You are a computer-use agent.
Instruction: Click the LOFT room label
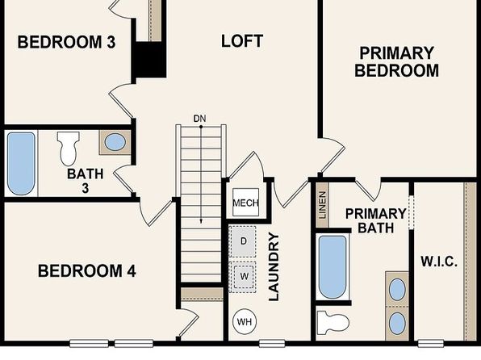[242, 41]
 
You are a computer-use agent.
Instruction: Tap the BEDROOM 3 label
[66, 42]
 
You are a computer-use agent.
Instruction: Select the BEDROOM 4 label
[87, 271]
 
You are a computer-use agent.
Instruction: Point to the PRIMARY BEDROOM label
[396, 61]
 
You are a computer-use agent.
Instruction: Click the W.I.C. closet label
[439, 262]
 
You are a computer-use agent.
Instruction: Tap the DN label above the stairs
[199, 119]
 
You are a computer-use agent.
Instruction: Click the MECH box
[245, 203]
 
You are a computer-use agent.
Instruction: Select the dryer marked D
[243, 241]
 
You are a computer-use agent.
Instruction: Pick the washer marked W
[243, 277]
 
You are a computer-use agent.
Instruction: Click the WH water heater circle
[245, 321]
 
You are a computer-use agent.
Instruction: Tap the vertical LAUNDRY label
[274, 266]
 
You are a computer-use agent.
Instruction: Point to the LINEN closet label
[322, 205]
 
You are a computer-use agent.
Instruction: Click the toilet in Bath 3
[68, 148]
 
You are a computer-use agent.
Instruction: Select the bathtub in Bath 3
[21, 164]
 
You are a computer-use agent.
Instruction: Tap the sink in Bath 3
[115, 142]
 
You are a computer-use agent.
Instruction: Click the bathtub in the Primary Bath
[333, 266]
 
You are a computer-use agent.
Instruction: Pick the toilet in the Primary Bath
[333, 323]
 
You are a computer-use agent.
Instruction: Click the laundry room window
[272, 343]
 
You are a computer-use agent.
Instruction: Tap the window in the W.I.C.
[431, 343]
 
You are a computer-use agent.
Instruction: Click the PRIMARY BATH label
[376, 220]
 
